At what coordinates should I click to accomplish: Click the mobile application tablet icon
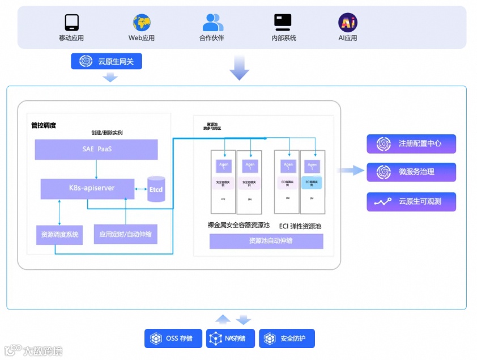tap(71, 22)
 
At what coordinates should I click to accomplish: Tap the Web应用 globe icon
tap(142, 23)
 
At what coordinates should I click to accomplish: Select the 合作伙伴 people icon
tap(212, 22)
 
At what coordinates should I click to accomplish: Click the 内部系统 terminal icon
tap(283, 22)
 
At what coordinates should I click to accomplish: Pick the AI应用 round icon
tap(348, 22)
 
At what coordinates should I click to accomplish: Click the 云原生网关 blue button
tap(107, 61)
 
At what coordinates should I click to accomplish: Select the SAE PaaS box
tap(96, 149)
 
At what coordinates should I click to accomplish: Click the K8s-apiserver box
tap(87, 188)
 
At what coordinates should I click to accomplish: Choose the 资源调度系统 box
tap(59, 234)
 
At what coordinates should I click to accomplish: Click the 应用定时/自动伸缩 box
tap(125, 234)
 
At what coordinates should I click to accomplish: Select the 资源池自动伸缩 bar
tap(266, 241)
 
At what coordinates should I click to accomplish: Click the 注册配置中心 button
tap(411, 144)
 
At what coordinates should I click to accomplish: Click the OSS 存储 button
tap(173, 338)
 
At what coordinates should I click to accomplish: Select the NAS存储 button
tap(230, 338)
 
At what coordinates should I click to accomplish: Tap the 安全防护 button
tap(287, 338)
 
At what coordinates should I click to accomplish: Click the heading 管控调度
tap(44, 125)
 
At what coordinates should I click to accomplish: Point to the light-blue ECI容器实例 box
tap(312, 183)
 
